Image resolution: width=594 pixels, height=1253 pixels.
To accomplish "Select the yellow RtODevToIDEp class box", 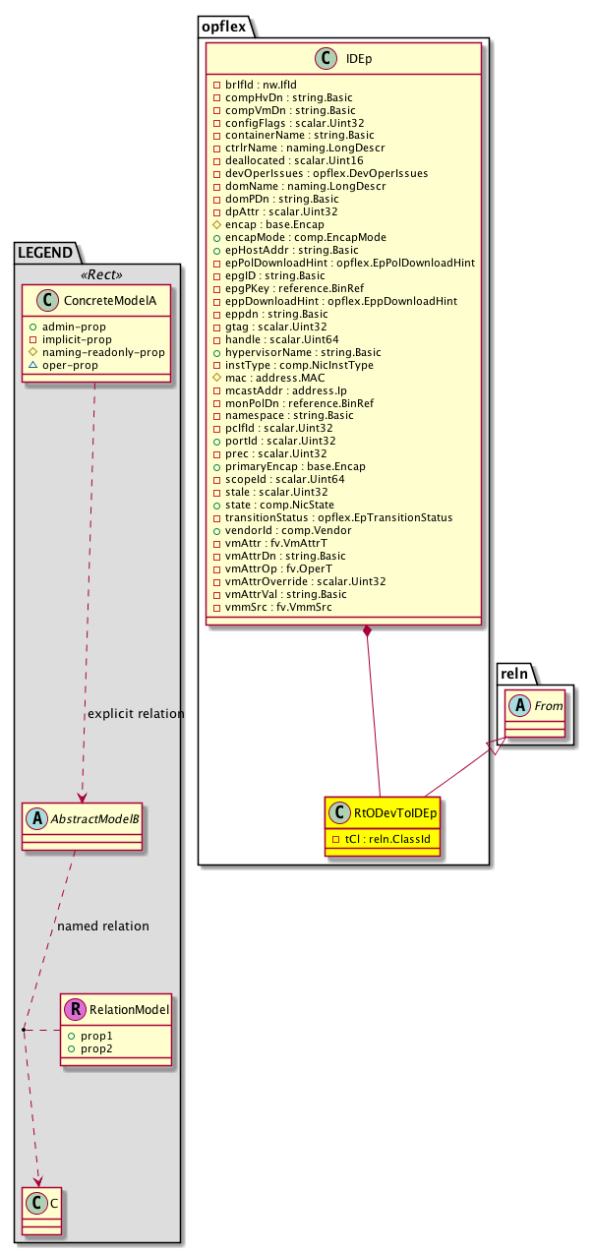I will pyautogui.click(x=381, y=825).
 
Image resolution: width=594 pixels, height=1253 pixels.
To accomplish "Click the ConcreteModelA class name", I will pyautogui.click(x=104, y=300).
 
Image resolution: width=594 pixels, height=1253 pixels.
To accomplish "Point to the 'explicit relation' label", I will pyautogui.click(x=136, y=713).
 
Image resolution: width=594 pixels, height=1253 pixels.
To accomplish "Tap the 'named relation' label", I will pyautogui.click(x=103, y=925).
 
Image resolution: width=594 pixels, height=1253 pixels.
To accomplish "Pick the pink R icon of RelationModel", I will pyautogui.click(x=74, y=1008).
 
